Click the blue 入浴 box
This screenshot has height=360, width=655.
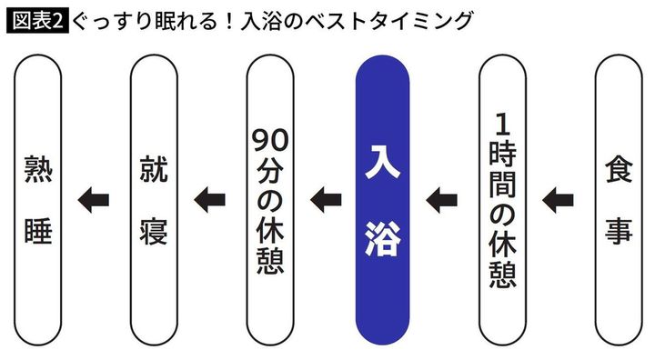382,198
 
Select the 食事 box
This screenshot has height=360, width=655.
619,198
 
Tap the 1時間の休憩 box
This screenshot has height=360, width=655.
501,198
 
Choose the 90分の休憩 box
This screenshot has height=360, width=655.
269,198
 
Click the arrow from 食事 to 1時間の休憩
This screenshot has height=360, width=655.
559,195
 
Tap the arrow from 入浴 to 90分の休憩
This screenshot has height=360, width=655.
326,195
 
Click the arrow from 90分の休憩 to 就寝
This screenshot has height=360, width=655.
210,195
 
